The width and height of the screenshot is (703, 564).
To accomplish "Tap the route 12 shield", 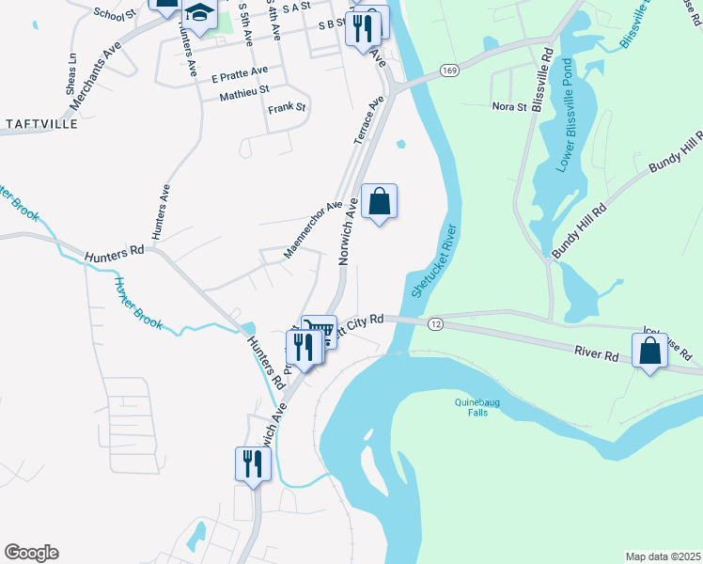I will tap(434, 323).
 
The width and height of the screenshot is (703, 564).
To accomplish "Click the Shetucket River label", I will tap(432, 261).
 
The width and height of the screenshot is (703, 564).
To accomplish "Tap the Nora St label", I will tap(509, 107).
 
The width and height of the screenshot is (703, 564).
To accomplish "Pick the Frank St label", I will tap(287, 108).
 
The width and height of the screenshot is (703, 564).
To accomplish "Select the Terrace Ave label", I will tap(369, 118).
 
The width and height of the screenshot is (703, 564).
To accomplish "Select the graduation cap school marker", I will tap(199, 11).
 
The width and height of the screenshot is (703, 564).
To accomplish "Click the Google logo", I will tap(31, 553).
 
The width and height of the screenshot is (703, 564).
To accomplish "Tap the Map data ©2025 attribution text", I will tap(662, 556).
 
